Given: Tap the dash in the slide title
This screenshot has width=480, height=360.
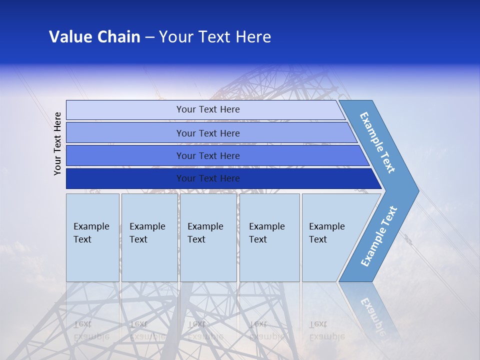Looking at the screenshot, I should (149, 37).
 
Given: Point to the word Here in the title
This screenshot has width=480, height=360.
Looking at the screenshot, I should (253, 37).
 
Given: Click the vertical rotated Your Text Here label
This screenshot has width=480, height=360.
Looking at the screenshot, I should (58, 143).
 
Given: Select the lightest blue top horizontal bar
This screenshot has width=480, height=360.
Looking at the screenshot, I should (208, 109).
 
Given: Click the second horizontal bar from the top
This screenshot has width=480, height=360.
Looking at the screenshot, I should (208, 133).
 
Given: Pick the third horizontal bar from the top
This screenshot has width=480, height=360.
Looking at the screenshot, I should (208, 155).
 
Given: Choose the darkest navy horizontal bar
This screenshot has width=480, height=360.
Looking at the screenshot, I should (208, 178).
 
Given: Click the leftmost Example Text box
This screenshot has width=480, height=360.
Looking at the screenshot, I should (92, 237).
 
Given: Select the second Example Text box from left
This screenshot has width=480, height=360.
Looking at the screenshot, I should (149, 237).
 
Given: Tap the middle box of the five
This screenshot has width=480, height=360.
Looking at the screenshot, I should (208, 237).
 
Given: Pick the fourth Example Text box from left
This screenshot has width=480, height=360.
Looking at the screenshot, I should (269, 237).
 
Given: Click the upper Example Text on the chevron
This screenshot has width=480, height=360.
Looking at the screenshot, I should (377, 142).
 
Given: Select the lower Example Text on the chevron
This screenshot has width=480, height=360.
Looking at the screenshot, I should (379, 236).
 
